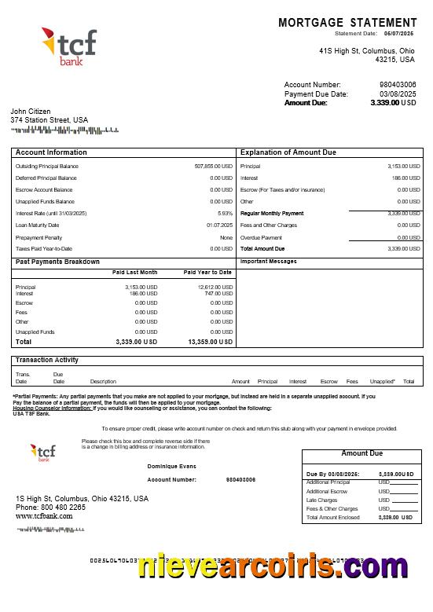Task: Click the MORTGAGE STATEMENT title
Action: click(347, 23)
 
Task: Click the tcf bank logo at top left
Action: click(68, 46)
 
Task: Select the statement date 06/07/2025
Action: click(398, 34)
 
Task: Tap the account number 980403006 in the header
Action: click(398, 85)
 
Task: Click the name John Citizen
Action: click(31, 112)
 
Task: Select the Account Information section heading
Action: click(51, 152)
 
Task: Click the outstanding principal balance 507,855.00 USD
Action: click(213, 167)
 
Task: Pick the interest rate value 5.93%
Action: click(225, 214)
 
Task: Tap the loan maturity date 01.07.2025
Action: click(219, 225)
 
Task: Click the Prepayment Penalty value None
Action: click(226, 237)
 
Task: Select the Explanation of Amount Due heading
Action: click(288, 152)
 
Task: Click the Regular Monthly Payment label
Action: click(271, 214)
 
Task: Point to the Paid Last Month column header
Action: click(135, 273)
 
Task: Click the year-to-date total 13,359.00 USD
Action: click(210, 342)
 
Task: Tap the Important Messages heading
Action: click(268, 262)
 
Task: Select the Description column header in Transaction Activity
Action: click(103, 382)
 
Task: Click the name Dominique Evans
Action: click(171, 467)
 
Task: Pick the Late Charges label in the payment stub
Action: click(321, 500)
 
